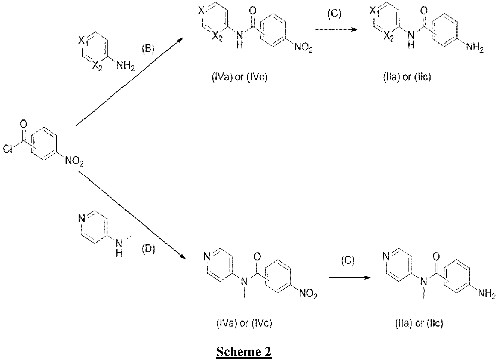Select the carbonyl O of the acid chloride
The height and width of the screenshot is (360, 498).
coord(24,124)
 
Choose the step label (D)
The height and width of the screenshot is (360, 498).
coord(148,249)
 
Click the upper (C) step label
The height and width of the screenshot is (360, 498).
coord(334,14)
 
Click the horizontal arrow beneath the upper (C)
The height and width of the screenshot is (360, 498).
coord(336,29)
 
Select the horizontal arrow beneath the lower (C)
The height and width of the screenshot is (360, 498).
coord(350,278)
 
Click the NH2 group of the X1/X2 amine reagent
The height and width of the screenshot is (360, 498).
coord(125,66)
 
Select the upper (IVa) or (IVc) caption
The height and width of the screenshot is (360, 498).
coord(239,77)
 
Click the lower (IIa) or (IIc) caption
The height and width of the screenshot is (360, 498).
coord(419,323)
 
